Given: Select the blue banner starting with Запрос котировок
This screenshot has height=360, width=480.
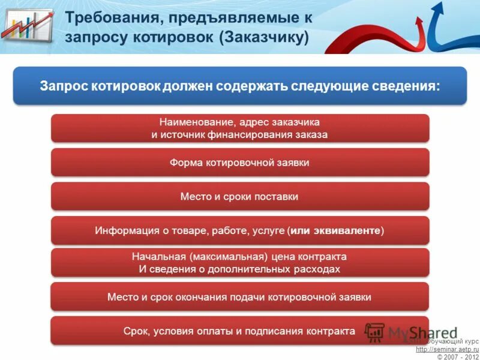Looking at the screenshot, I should pos(240,86).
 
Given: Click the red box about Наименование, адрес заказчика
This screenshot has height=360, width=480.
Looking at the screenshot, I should pos(240,128).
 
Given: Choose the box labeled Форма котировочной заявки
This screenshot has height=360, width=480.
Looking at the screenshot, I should pos(240,163).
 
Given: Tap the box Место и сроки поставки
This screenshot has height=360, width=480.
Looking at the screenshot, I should pos(240,197).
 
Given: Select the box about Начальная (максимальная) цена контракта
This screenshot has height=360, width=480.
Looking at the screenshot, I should pos(240,263).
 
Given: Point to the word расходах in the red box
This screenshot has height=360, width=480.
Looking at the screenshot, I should pos(318,269).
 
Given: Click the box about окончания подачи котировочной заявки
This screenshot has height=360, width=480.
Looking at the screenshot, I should pos(240,297).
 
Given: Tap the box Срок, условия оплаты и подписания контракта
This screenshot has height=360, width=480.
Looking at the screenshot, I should pos(240,331).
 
